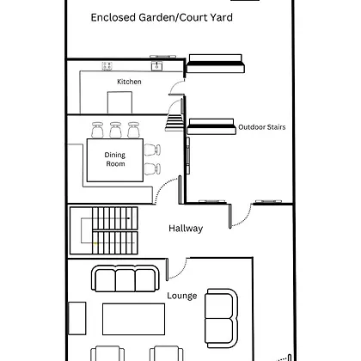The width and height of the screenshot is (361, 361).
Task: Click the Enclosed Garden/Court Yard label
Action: click(162, 18)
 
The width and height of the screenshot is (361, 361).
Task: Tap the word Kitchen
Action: click(129, 82)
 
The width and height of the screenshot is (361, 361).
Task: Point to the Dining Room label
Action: click(115, 159)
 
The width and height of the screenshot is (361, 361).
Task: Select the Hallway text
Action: click(186, 229)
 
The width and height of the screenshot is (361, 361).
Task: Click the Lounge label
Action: click(182, 296)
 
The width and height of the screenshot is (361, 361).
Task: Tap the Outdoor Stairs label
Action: click(262, 127)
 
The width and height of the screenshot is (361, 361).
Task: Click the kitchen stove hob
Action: click(107, 66)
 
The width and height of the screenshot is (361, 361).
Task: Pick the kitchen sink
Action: click(156, 65)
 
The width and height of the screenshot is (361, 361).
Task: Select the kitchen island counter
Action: click(119, 102)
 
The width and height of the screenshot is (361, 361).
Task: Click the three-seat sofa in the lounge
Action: click(125, 278)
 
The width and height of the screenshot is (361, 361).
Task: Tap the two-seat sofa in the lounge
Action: click(221, 318)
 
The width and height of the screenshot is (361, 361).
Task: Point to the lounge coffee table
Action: click(133, 319)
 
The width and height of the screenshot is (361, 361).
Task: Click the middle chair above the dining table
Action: click(115, 130)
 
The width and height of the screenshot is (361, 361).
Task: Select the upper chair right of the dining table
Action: click(152, 150)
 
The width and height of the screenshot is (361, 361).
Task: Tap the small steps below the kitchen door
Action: click(174, 122)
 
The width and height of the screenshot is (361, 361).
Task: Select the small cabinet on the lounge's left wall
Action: click(77, 318)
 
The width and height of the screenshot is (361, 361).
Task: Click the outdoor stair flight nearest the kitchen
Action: click(215, 64)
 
